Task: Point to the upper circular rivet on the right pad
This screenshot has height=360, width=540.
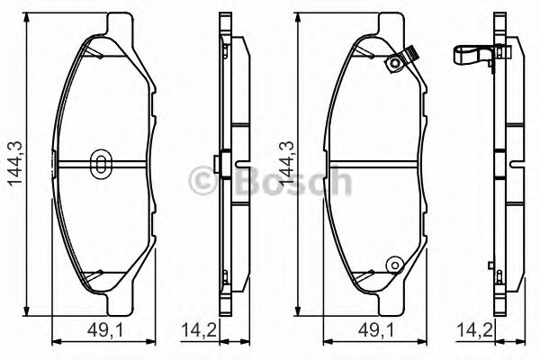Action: click(392, 63)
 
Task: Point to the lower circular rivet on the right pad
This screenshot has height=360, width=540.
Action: click(392, 264)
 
